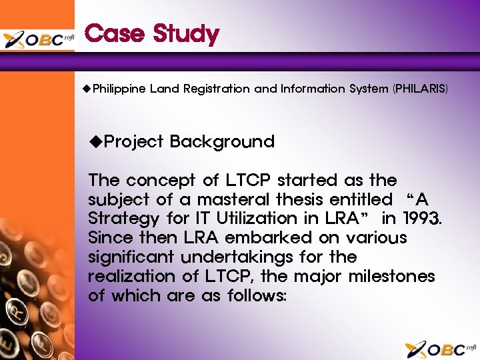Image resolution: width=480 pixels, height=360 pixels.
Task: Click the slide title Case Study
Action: pos(152,33)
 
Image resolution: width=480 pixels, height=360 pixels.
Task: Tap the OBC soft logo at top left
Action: pos(38,39)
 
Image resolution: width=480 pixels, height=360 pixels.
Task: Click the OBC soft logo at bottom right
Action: pos(441,349)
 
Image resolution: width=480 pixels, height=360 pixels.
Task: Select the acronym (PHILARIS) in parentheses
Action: pos(421,89)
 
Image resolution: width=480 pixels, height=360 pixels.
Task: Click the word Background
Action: pos(222,141)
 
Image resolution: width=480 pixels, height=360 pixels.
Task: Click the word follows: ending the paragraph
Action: pos(252,295)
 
